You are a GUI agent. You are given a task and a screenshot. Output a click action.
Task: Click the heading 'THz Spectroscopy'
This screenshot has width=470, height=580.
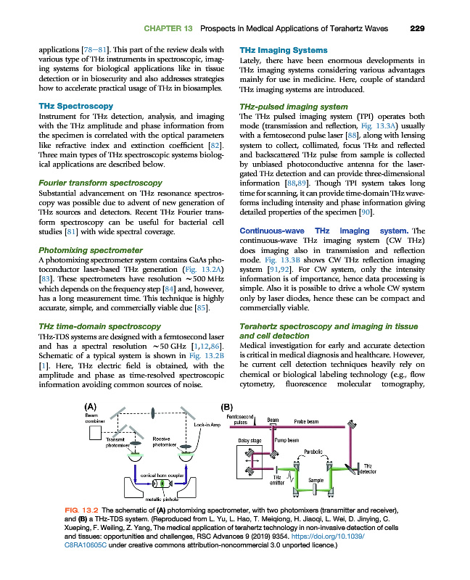[x=75, y=106]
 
